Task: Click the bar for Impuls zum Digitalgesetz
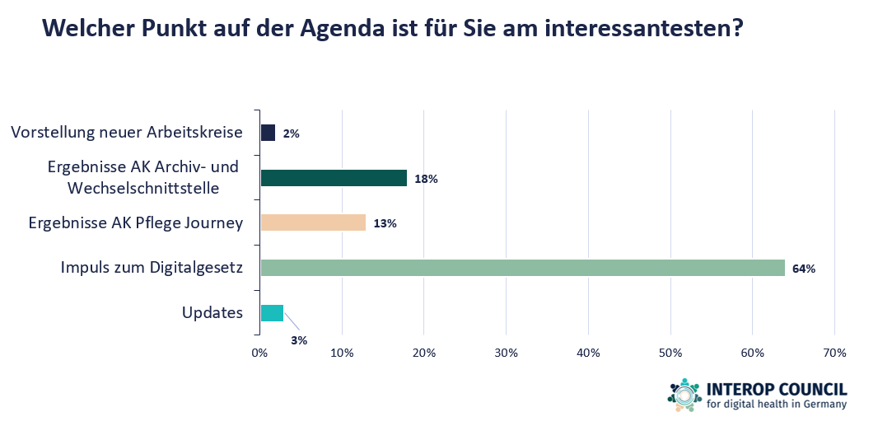[522, 268]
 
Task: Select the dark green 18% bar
[334, 178]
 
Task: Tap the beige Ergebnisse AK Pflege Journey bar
[313, 222]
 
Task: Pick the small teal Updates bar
[272, 313]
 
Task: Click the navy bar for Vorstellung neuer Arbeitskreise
[268, 133]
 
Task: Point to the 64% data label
[805, 269]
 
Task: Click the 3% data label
[298, 339]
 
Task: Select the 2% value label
[291, 133]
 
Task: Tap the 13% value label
[385, 223]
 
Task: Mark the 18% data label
[426, 179]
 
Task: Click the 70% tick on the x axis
[834, 353]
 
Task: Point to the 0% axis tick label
[260, 353]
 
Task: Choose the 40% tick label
[588, 353]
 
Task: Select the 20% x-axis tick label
[424, 353]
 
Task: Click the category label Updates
[212, 313]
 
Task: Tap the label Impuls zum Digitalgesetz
[152, 268]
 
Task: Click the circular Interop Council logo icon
[684, 395]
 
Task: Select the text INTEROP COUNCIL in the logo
[777, 389]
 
